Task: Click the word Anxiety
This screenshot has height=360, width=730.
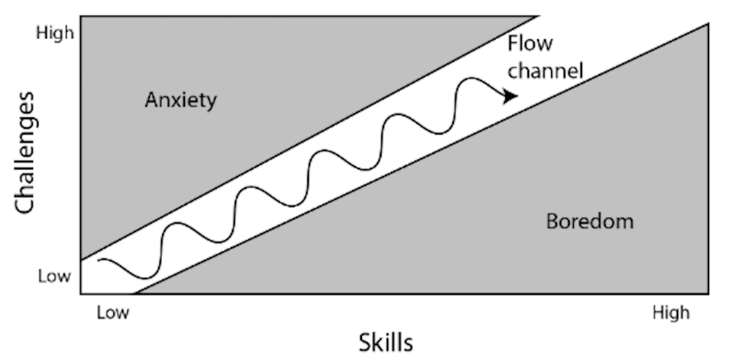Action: click(181, 101)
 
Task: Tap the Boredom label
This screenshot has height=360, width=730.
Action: click(589, 221)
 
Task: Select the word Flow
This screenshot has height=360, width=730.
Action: click(530, 44)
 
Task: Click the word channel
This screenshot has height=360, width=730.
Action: click(544, 70)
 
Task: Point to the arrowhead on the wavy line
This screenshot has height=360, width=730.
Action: click(511, 96)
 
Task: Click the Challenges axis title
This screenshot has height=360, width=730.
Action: click(25, 154)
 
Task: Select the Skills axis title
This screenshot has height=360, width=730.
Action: click(386, 342)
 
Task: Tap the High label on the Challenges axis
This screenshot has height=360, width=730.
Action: click(54, 32)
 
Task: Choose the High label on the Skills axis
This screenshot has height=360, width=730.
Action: click(671, 313)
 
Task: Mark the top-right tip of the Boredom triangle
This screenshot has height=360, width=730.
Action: click(708, 24)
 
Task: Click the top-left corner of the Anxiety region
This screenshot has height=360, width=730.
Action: click(81, 17)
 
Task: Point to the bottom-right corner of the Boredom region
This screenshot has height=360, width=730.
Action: click(708, 293)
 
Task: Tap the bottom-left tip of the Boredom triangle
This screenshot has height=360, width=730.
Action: click(136, 293)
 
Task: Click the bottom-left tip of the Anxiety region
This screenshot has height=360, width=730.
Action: click(81, 259)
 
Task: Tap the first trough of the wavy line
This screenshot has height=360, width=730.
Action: click(144, 277)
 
